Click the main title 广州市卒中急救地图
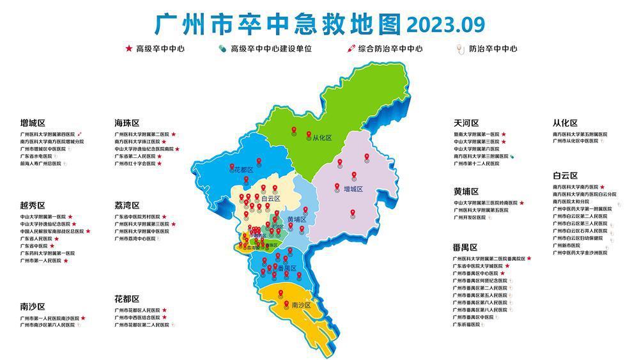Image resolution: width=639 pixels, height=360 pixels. point(278,24)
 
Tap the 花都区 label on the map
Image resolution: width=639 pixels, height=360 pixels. point(243,170)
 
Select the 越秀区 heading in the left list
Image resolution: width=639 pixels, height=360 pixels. point(33,205)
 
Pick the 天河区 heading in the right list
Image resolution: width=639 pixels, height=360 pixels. point(466,123)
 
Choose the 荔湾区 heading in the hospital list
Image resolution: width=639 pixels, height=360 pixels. point(127,205)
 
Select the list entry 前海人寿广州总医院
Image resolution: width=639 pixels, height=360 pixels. point(41,164)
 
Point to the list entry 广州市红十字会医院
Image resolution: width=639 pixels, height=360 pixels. point(135,164)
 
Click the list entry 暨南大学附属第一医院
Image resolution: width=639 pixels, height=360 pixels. point(477,134)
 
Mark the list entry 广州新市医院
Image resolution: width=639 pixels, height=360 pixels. point(566,245)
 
